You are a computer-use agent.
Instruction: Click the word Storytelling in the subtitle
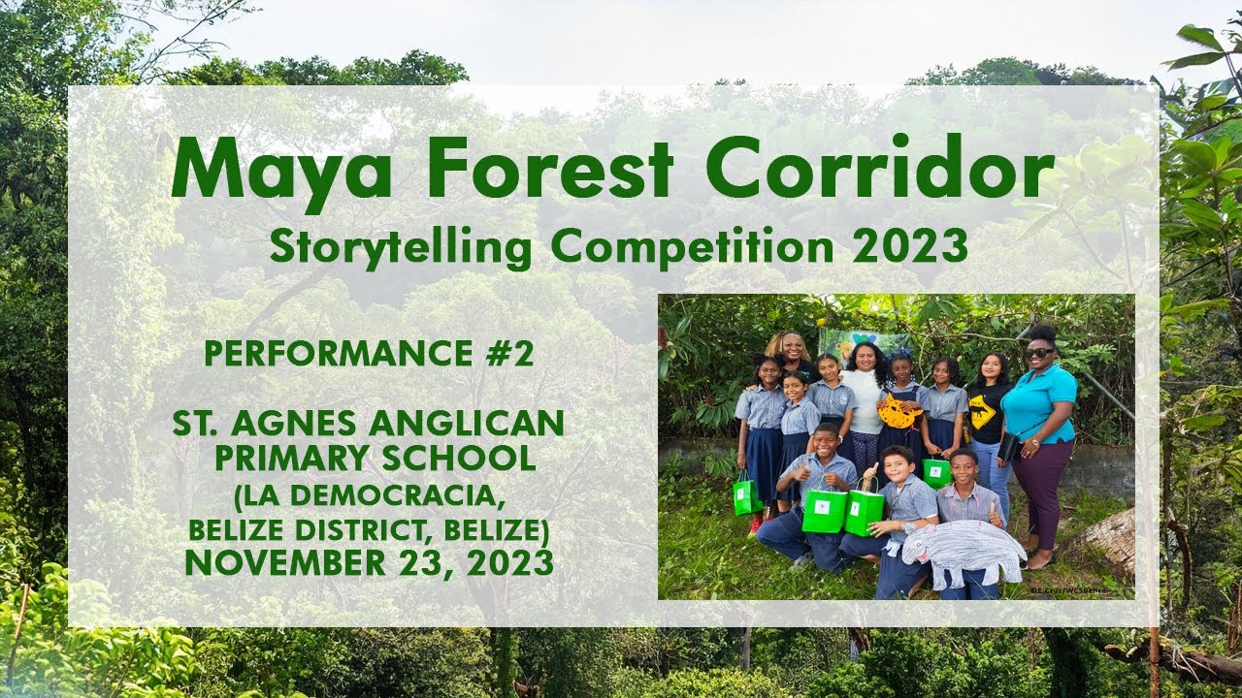401,247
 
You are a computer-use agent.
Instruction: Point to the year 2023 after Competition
911,246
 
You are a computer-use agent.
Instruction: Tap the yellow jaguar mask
899,411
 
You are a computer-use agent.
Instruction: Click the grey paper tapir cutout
963,554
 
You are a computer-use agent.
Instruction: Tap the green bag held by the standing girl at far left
747,496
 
